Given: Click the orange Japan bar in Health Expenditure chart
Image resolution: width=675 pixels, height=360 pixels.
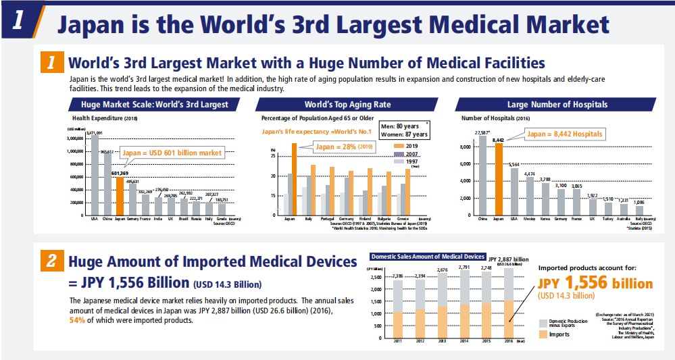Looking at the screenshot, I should [120, 196].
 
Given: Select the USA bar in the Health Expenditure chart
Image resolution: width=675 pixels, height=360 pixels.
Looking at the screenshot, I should [95, 176].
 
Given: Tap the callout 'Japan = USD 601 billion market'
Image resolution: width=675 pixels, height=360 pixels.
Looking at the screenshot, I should [172, 153].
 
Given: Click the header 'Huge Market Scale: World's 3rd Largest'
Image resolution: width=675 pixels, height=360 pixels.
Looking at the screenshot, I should [154, 105].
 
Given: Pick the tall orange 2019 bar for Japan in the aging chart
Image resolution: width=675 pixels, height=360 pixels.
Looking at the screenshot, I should [294, 179].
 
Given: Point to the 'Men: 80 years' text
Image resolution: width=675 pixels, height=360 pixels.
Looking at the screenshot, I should [399, 126].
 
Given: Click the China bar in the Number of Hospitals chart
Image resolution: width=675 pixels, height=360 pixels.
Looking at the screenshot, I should [482, 176].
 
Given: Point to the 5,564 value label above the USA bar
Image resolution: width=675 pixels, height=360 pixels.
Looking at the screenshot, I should [514, 164].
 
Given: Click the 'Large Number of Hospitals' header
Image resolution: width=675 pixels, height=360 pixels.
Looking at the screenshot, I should [557, 105].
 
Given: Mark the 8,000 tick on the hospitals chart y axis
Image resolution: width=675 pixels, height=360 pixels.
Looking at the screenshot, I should [466, 147].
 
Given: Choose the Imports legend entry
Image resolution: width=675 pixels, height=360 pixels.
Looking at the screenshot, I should [557, 334].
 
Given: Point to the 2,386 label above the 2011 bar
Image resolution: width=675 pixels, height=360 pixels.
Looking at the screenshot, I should [399, 276].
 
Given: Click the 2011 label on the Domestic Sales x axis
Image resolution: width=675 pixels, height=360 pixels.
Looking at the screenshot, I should [399, 340].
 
